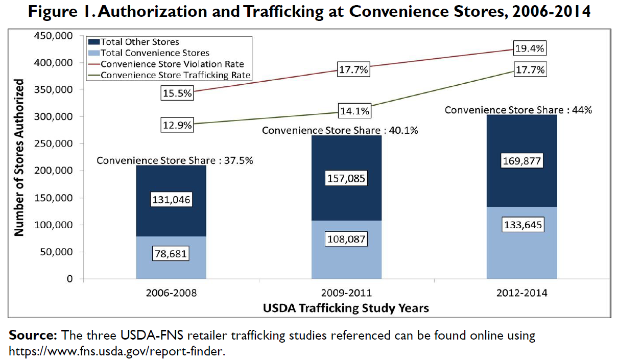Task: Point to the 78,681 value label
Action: point(171,254)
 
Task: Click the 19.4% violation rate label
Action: point(531,49)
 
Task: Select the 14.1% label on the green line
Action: point(353,111)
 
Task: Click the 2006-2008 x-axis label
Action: point(171,294)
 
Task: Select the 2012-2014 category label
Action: point(521,294)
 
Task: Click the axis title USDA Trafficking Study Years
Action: point(346,308)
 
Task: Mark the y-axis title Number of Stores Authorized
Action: point(19,157)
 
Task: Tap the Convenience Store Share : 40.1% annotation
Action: point(340,131)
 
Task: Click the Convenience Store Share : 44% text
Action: point(518,110)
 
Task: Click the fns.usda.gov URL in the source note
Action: point(116,351)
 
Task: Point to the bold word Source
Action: point(33,336)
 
